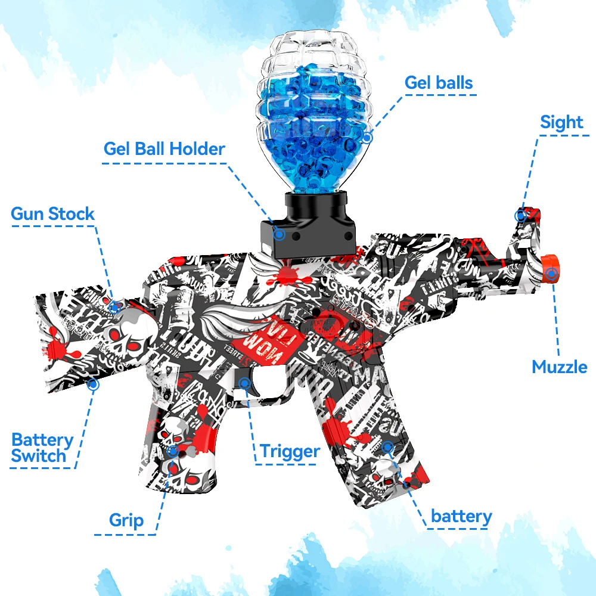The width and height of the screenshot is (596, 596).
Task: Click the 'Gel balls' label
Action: point(439,82)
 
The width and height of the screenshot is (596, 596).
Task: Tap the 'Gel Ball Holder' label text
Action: point(164,148)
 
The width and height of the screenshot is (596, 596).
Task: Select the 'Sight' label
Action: point(561,122)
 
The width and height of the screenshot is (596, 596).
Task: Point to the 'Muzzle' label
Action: point(559,367)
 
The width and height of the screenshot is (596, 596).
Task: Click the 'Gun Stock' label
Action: point(52,214)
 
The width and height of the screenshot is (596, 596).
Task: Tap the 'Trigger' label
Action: point(289,451)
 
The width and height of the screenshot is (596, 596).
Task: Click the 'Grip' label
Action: point(126,520)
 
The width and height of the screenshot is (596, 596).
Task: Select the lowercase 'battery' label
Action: point(461,516)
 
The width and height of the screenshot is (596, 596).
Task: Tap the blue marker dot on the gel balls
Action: point(367,138)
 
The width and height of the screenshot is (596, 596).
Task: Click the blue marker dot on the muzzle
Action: point(552,274)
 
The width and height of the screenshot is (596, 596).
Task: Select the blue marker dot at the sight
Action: point(521,215)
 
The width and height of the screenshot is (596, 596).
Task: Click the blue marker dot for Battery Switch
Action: point(92,384)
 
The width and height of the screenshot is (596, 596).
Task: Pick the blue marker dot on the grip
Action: point(173,451)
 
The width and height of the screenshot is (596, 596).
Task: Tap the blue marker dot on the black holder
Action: point(278,234)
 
